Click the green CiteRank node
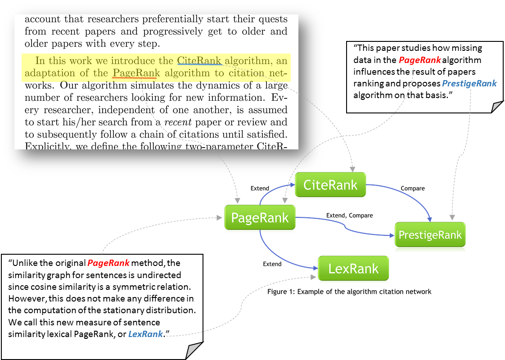pyautogui.click(x=330, y=184)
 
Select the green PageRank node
pyautogui.click(x=260, y=218)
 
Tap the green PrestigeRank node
pyautogui.click(x=430, y=234)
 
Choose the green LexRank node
pyautogui.click(x=353, y=269)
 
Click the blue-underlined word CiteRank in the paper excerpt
pyautogui.click(x=199, y=61)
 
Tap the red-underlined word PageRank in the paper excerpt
pyautogui.click(x=136, y=73)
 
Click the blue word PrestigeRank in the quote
pyautogui.click(x=469, y=83)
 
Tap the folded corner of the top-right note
pyautogui.click(x=496, y=106)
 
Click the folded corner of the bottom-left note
pyautogui.click(x=194, y=350)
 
